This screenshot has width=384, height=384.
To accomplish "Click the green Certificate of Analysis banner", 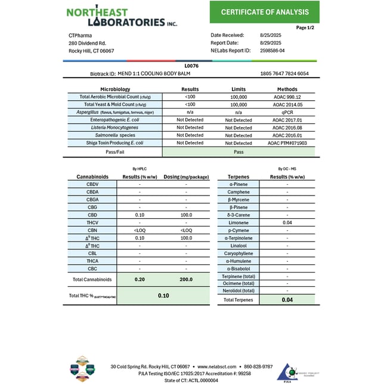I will [x=265, y=12].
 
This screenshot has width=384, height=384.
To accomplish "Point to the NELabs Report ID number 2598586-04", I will [x=272, y=51].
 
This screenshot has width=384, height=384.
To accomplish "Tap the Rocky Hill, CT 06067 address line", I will [x=91, y=51].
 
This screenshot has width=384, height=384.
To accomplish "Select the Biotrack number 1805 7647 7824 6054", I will [x=284, y=73].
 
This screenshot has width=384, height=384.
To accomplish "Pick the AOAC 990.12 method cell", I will [x=286, y=97].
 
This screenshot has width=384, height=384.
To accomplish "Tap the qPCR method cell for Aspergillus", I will [x=286, y=112].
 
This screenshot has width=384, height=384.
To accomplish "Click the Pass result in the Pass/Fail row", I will [x=239, y=152].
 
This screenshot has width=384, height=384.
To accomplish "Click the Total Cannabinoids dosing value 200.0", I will [x=185, y=279].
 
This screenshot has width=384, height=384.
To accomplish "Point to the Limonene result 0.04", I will [x=287, y=222].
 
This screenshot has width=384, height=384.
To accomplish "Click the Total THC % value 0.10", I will [x=163, y=296].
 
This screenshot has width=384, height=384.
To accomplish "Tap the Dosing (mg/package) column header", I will [x=185, y=177].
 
